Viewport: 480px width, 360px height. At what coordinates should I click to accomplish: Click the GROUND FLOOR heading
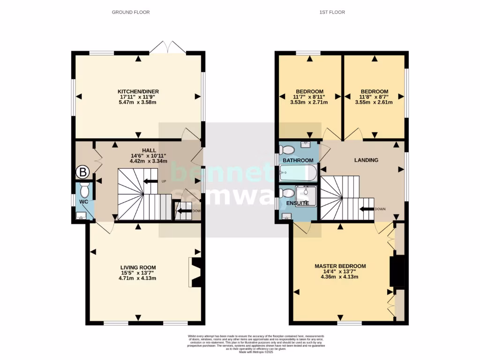(x=131, y=12)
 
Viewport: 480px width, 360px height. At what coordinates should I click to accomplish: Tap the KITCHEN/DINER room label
(x=138, y=91)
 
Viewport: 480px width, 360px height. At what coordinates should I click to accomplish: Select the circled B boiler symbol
(x=83, y=172)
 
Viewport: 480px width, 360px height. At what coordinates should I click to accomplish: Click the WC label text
(x=83, y=202)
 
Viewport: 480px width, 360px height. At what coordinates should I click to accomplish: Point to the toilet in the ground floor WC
(x=84, y=190)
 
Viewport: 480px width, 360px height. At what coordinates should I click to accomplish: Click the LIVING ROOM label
(x=138, y=268)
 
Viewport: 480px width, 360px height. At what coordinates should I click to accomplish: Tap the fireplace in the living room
(x=195, y=272)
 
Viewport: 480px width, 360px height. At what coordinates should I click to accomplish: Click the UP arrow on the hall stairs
(x=151, y=181)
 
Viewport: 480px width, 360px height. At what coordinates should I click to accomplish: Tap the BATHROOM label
(x=298, y=160)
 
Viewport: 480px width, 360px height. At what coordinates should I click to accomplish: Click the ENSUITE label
(x=298, y=203)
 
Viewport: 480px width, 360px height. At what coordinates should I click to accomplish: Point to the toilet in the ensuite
(x=287, y=193)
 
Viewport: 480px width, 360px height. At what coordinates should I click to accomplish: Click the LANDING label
(x=366, y=160)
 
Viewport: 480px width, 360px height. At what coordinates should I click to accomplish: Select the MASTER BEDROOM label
(x=340, y=266)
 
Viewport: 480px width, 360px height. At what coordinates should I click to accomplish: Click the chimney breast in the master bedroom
(x=397, y=271)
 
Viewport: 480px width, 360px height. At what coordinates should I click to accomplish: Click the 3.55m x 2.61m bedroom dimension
(x=375, y=102)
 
